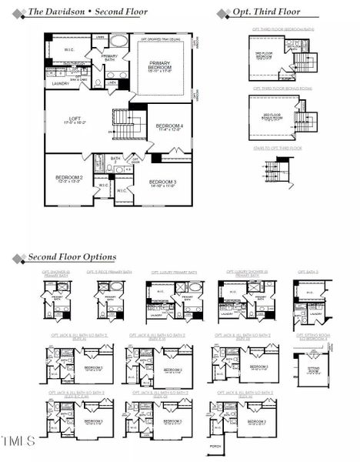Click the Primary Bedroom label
160,67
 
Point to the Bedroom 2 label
69,179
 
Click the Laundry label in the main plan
61,83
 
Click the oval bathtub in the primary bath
118,42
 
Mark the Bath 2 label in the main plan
115,159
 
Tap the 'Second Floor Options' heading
72,256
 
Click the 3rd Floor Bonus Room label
272,119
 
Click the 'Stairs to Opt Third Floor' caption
278,147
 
